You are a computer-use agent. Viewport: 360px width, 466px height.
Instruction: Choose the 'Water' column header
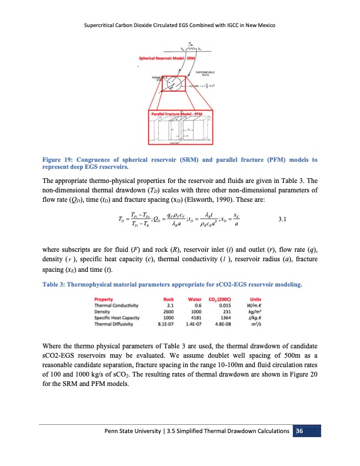(x=195, y=299)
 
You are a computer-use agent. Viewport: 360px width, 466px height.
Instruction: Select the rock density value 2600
(x=169, y=311)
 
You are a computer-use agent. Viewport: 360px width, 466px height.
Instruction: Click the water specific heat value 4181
(x=196, y=317)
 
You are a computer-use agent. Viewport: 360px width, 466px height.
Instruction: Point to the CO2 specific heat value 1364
(x=224, y=317)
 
